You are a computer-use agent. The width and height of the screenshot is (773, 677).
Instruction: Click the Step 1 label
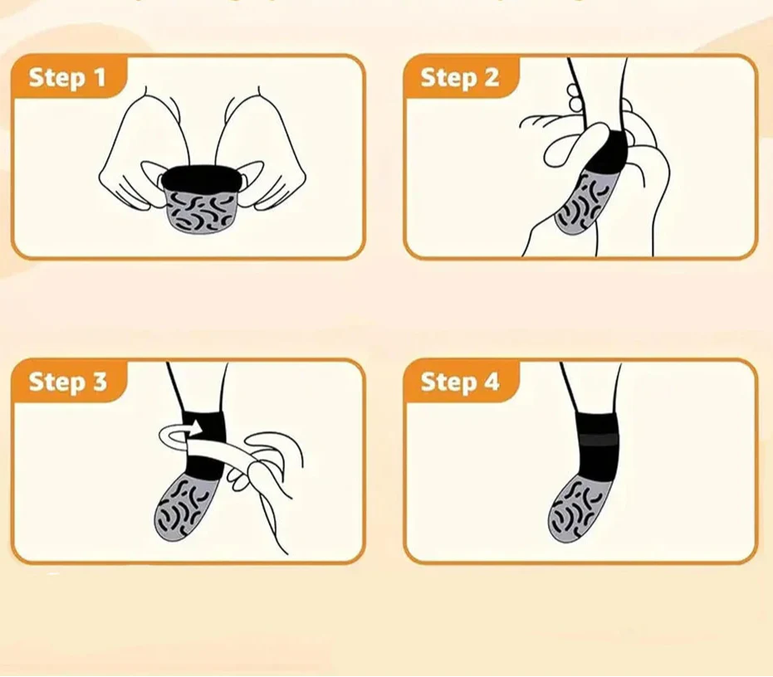tap(67, 78)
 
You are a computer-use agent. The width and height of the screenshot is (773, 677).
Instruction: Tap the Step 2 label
tap(459, 78)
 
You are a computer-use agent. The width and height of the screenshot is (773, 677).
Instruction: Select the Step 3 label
tap(67, 382)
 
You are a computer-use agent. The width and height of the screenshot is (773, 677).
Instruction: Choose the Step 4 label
tap(459, 382)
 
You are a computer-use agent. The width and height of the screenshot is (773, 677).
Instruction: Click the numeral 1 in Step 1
tap(100, 78)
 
